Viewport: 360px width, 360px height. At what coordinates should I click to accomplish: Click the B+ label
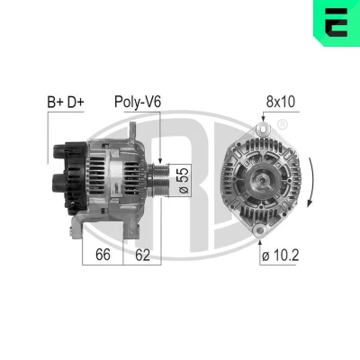(x=55, y=103)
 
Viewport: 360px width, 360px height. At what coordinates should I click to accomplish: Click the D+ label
(x=76, y=103)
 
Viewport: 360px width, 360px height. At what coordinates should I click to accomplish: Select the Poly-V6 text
(x=138, y=103)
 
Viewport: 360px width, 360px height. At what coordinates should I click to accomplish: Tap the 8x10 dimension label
(x=281, y=102)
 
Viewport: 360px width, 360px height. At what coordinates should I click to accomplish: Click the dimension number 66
(x=103, y=255)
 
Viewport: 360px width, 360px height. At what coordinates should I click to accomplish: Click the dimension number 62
(x=142, y=255)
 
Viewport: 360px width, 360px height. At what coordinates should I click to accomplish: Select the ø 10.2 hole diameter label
(x=280, y=256)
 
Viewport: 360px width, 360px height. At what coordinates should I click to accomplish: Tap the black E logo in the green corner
(x=336, y=22)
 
